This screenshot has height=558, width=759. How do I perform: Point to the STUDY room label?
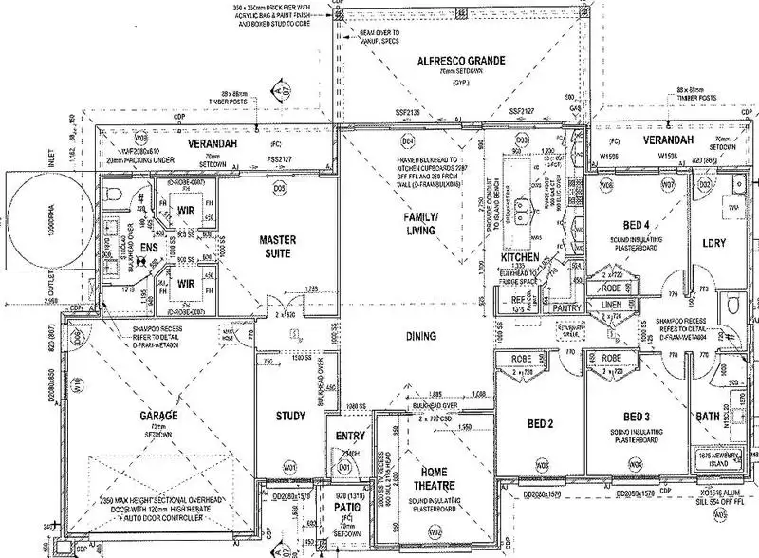click(x=290, y=415)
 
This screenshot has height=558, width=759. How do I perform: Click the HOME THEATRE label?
click(x=437, y=479)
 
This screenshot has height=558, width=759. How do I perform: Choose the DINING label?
click(x=418, y=336)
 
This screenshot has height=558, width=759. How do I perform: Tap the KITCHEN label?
click(x=520, y=257)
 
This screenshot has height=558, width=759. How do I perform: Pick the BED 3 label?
click(x=638, y=418)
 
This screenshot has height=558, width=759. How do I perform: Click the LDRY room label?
click(x=713, y=243)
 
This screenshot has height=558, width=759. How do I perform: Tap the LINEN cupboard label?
click(x=614, y=307)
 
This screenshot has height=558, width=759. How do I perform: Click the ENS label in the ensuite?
click(x=148, y=247)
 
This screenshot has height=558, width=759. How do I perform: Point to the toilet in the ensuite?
click(x=115, y=196)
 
